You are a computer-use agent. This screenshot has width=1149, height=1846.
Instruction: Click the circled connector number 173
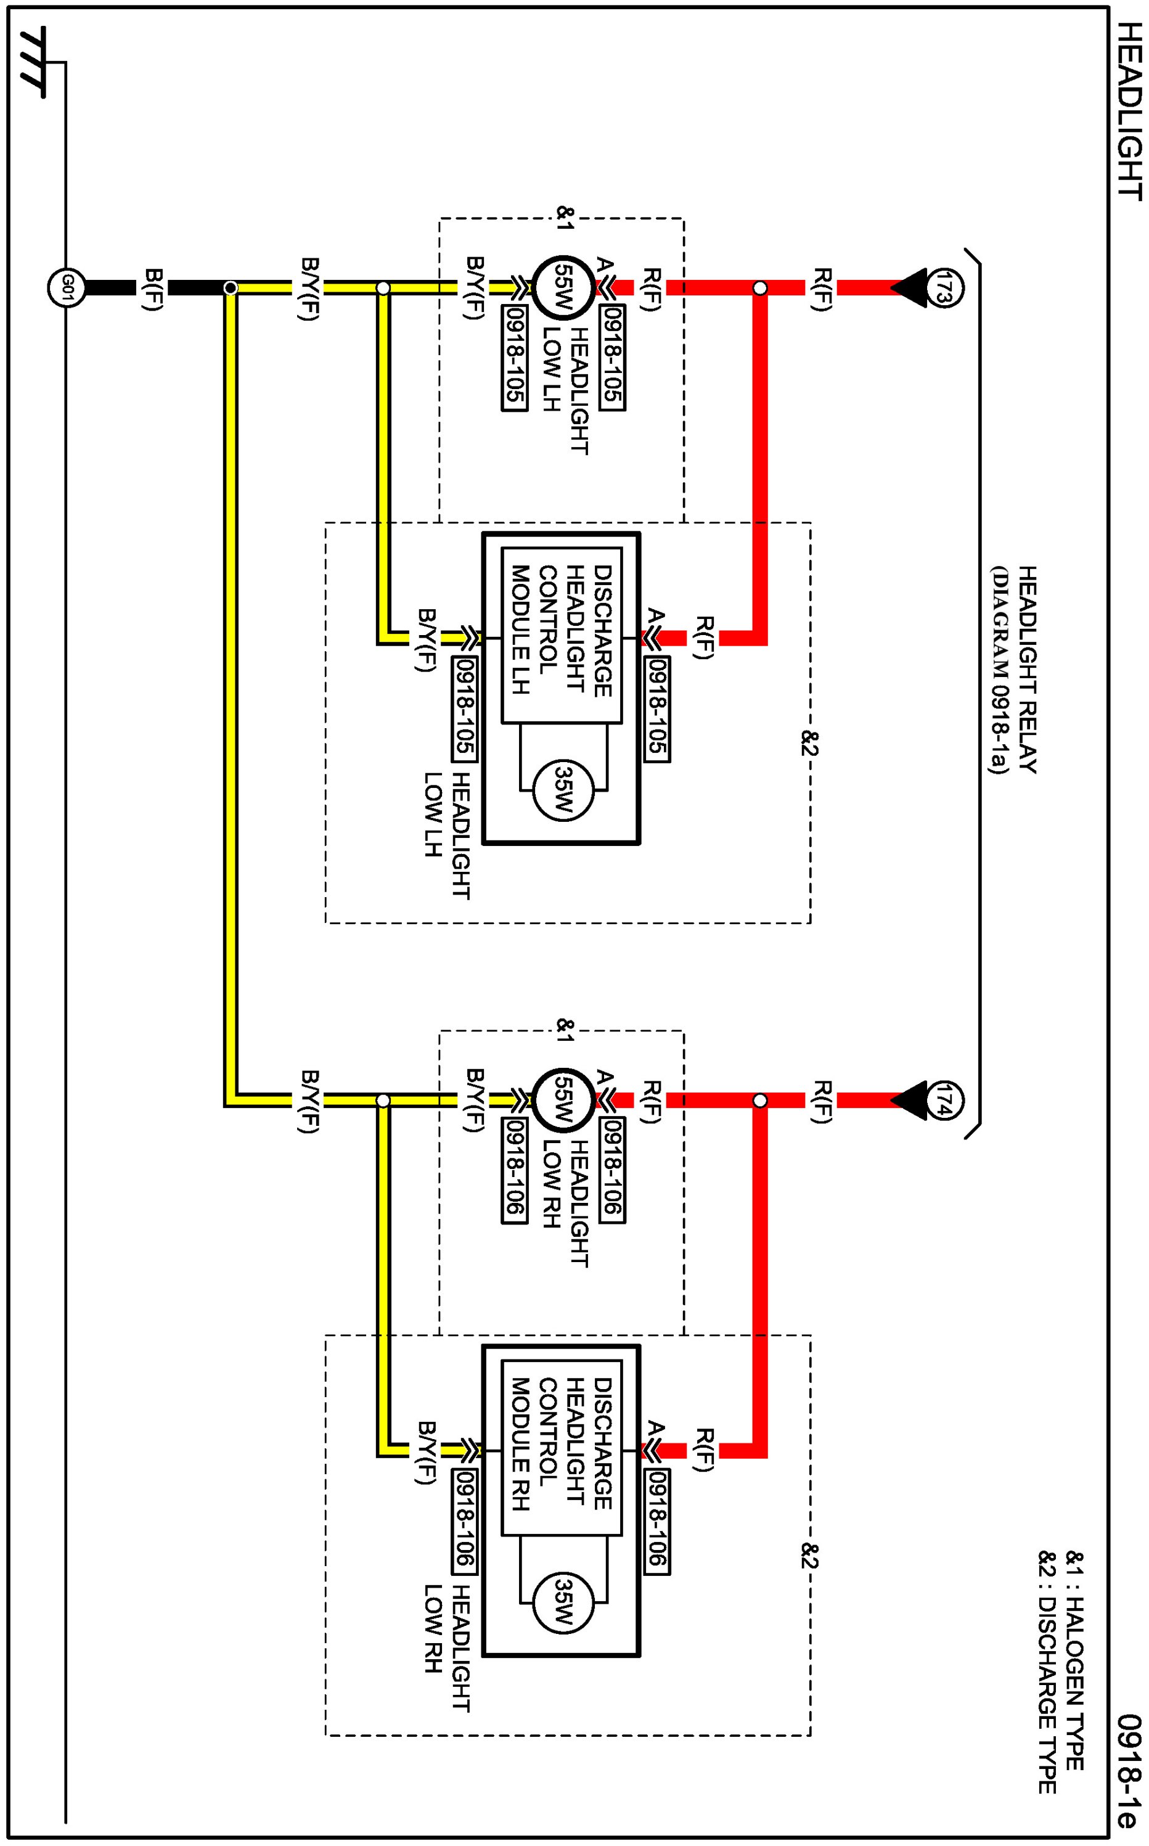[x=944, y=288]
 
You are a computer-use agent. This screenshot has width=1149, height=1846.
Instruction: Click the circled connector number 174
[x=944, y=1101]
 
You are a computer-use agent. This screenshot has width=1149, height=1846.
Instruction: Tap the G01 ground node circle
[x=66, y=288]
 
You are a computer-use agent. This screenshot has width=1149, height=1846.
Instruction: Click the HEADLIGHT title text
[x=1130, y=112]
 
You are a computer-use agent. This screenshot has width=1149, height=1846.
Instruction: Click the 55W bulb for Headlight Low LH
[x=563, y=288]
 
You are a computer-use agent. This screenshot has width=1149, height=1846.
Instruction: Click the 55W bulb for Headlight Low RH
[x=563, y=1101]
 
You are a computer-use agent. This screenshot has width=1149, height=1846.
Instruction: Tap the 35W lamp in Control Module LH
[x=563, y=790]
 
